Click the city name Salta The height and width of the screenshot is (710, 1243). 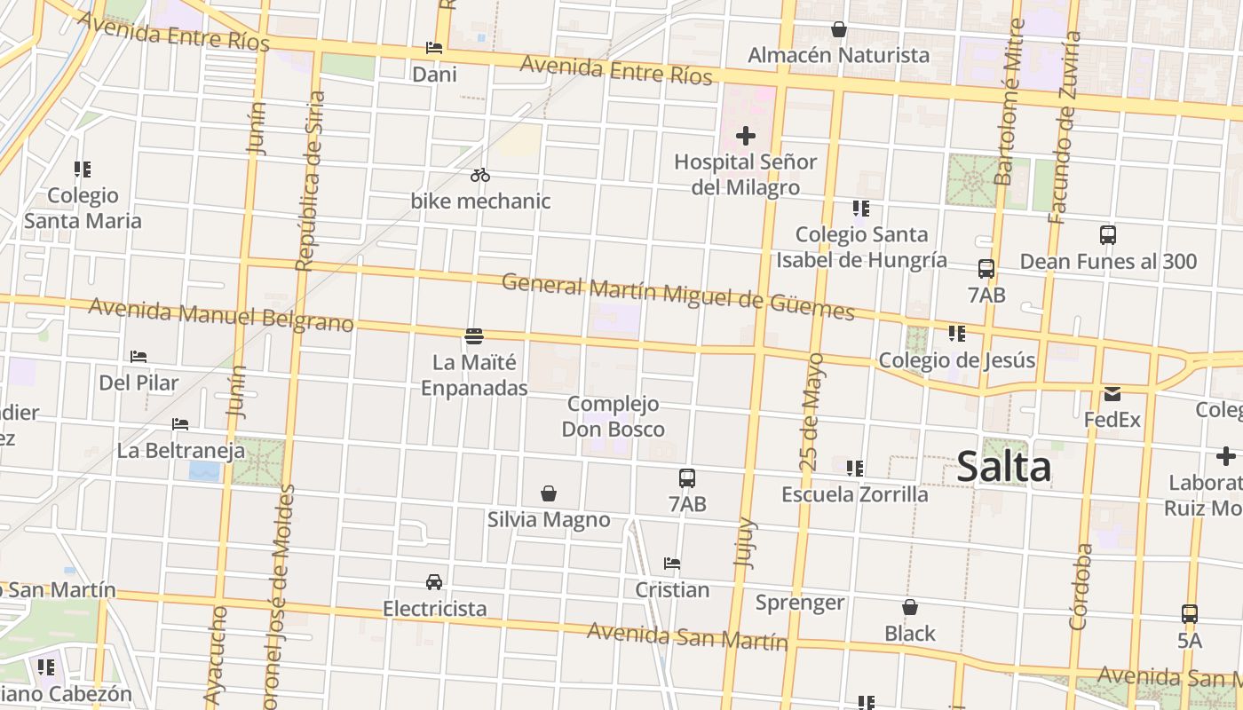point(1003,468)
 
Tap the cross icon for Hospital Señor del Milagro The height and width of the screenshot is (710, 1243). point(746,137)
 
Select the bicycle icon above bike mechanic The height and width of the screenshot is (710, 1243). point(480,175)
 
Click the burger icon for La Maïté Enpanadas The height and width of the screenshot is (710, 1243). point(474,336)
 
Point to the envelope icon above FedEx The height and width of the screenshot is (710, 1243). point(1112,394)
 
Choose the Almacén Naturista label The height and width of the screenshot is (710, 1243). point(838,55)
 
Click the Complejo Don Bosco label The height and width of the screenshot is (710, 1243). point(613,416)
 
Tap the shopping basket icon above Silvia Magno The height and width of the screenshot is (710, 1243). point(549,493)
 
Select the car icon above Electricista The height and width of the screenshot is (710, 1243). point(434,582)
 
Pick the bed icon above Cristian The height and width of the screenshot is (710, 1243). point(672,564)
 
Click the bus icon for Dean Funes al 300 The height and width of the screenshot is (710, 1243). point(1108,235)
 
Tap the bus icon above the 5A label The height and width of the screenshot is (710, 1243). point(1190,614)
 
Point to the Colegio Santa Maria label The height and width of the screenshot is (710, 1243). point(83,208)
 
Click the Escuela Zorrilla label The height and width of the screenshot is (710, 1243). point(854,494)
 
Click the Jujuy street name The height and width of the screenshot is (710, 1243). point(745,541)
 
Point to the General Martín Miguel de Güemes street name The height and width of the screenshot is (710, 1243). point(677,296)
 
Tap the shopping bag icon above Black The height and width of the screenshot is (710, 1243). point(910,608)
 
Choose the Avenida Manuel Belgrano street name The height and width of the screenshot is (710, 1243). point(221,314)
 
